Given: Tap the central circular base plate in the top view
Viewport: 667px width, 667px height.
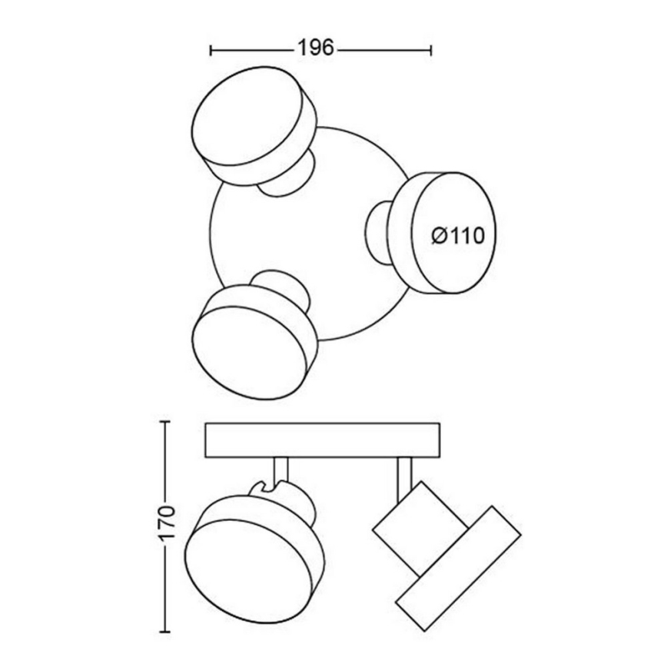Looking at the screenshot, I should click(x=307, y=231).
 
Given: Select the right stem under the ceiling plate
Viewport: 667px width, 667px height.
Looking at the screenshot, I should click(x=404, y=470).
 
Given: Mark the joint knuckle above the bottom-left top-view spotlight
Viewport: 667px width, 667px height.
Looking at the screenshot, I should click(x=283, y=283).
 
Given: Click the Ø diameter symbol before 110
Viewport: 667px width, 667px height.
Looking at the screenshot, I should click(x=439, y=236).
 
